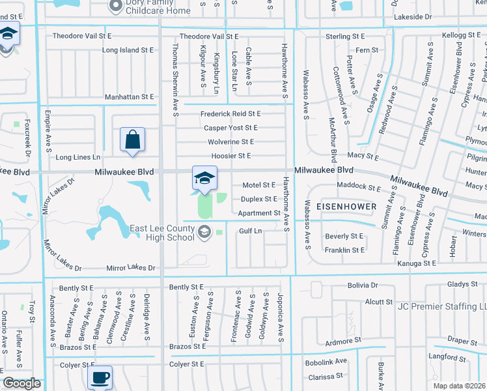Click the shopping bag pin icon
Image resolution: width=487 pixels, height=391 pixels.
(x=132, y=139)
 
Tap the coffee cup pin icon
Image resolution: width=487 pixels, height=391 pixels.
(x=100, y=377)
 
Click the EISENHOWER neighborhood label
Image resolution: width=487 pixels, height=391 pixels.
(x=346, y=206)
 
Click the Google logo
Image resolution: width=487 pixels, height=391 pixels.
(x=21, y=383)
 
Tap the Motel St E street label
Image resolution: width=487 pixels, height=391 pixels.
(x=259, y=185)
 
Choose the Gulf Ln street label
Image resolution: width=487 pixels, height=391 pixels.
(x=250, y=231)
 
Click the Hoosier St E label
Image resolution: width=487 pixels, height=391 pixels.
(x=231, y=156)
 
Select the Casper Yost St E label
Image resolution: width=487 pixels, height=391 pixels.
(x=230, y=128)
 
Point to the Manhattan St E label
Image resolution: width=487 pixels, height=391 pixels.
(x=130, y=97)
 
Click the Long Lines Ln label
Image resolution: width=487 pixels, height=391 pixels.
(x=78, y=157)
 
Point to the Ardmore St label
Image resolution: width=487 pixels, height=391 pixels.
(x=343, y=341)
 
